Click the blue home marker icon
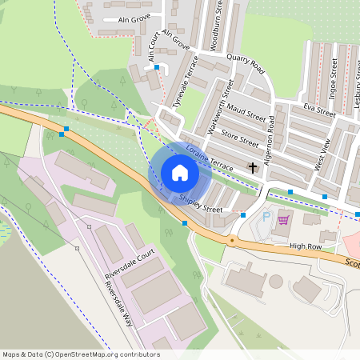(x=180, y=173)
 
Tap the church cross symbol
(x=254, y=168)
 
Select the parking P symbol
(x=266, y=216)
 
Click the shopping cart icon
(x=282, y=218)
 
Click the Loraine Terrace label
(x=209, y=157)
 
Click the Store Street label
(x=240, y=137)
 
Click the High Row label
(x=305, y=246)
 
